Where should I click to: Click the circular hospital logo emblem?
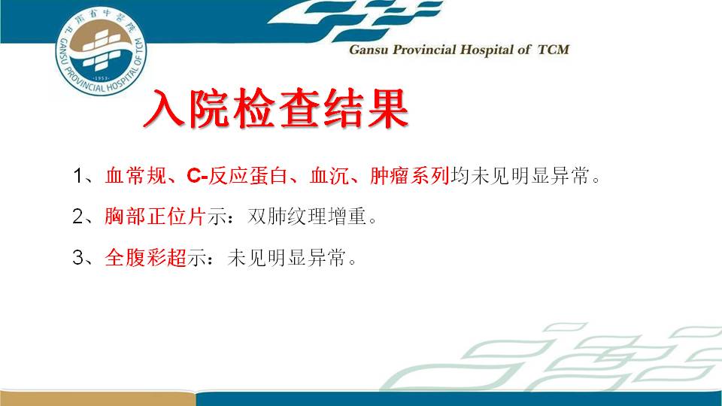coord(101,51)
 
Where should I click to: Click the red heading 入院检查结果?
coord(276,108)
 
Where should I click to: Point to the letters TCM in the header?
coord(554,50)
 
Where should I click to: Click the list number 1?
coord(78,176)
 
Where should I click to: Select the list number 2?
coord(77,217)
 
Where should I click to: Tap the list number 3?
coord(77,257)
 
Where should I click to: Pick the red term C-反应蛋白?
coord(237,175)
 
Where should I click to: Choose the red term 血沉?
coord(329,175)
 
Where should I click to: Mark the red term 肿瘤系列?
coord(409,175)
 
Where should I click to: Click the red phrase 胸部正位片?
coord(155,216)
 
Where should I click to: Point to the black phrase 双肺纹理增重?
coord(307,216)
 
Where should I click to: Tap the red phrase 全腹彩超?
coord(145,257)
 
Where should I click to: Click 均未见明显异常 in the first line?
coord(520,175)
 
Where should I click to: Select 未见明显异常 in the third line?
coord(287,257)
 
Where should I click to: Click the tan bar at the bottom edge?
coord(97,398)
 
